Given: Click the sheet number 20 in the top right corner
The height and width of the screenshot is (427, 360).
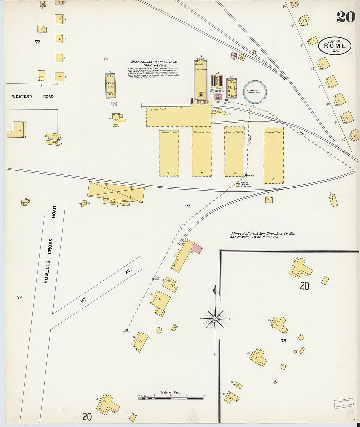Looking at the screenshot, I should pos(346,17).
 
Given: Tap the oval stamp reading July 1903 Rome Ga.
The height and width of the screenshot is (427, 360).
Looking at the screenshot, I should pos(334,46).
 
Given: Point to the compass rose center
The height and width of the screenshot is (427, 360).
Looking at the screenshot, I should pos(215,318).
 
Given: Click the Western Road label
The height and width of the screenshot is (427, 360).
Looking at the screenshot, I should pos(33,96).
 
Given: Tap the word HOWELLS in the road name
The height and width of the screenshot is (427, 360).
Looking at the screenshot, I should pos(46,272).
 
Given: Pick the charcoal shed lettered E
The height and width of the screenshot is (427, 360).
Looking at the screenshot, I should pos(274,155).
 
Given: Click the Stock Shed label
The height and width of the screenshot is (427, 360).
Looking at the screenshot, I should pos(158,109).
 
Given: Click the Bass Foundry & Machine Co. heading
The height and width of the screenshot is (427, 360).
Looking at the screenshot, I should pos(154,62).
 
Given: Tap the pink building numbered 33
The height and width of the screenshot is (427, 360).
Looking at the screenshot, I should pos(197,249).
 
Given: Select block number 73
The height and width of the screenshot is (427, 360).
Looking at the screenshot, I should pos(38,42).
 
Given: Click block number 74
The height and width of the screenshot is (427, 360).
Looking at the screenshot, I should pos(20,297).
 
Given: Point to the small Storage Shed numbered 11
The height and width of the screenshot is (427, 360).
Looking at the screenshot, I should pos(25,202).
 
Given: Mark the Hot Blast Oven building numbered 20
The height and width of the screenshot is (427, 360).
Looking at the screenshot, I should pos(218,97).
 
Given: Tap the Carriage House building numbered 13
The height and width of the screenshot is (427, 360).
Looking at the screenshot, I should pos(84,204).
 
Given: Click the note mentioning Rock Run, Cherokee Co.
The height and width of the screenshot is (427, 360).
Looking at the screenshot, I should pos(262,235).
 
